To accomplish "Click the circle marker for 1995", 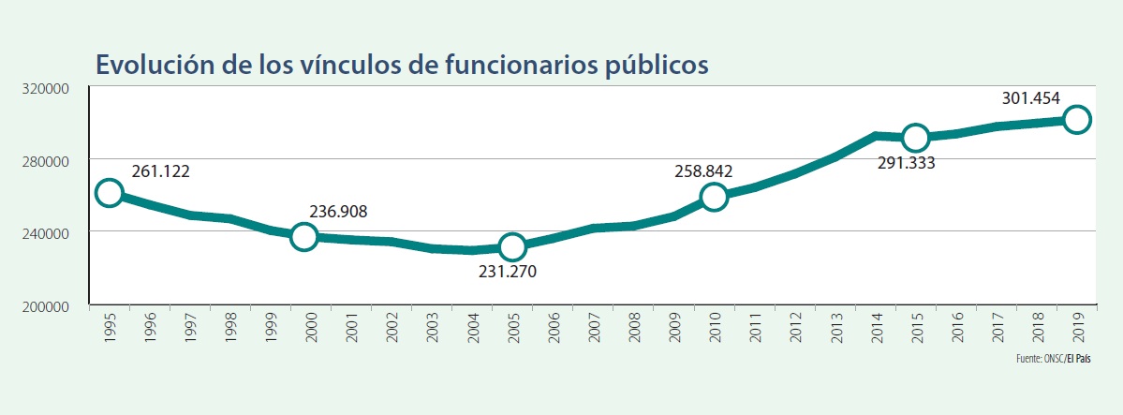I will point(109,193).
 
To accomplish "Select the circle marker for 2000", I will point(303,236).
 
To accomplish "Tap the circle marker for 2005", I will point(511,247).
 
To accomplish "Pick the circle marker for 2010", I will point(714,197).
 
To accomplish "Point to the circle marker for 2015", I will point(915,138).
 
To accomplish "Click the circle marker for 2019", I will point(1076,119).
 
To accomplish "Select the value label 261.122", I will point(161,172).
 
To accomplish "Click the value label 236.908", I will point(338,213).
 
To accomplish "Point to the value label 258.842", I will point(703,171).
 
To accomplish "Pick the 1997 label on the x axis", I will point(190,329).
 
